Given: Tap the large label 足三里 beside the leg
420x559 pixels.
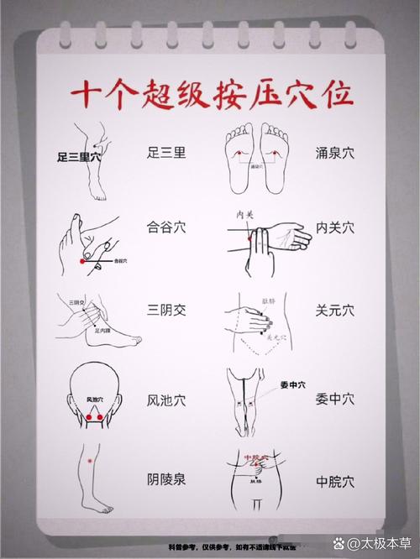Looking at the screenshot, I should click(x=165, y=153).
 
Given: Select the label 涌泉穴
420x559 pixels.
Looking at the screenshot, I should click(x=335, y=153).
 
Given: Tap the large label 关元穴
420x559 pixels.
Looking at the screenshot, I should click(x=335, y=311).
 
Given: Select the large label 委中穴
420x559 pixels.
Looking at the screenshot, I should click(x=335, y=400).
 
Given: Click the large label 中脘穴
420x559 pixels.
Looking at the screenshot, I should click(x=335, y=482).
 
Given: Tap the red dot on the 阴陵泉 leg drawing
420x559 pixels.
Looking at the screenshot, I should click(x=87, y=461).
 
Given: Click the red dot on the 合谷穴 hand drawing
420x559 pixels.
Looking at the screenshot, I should click(x=81, y=262).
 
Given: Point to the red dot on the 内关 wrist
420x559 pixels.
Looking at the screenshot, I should click(x=250, y=241).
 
